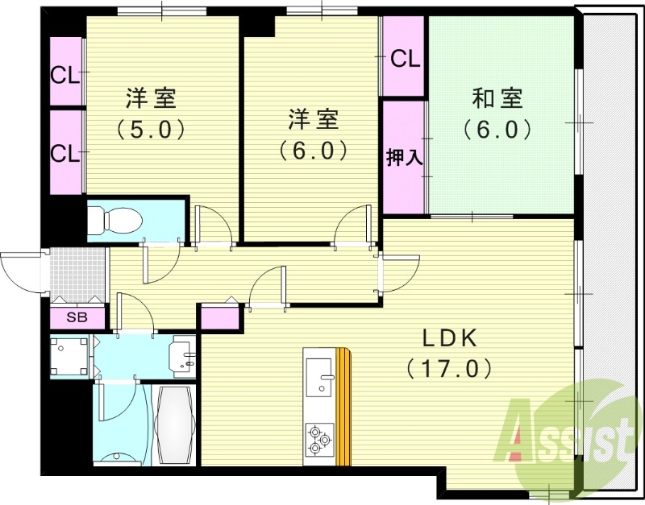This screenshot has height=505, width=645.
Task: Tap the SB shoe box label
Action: pos(77,317)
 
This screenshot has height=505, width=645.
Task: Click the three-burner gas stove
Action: pos(319,439)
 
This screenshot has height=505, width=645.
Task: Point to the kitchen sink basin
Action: pos(319,377)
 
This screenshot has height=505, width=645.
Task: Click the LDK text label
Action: pos(450,338)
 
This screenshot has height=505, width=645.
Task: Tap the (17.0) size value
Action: pos(449,369)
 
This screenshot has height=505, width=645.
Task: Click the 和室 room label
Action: pos(497,98)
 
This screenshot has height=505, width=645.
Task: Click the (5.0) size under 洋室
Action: pos(151,130)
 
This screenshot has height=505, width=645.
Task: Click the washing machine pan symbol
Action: pos(69,356)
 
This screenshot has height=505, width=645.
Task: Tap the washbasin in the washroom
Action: pos(183,356)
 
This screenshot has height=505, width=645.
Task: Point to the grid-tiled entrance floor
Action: pos(77,275)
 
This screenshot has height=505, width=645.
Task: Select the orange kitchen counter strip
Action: pos(343,407)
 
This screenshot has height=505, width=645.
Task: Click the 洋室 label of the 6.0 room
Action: pos(313,119)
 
